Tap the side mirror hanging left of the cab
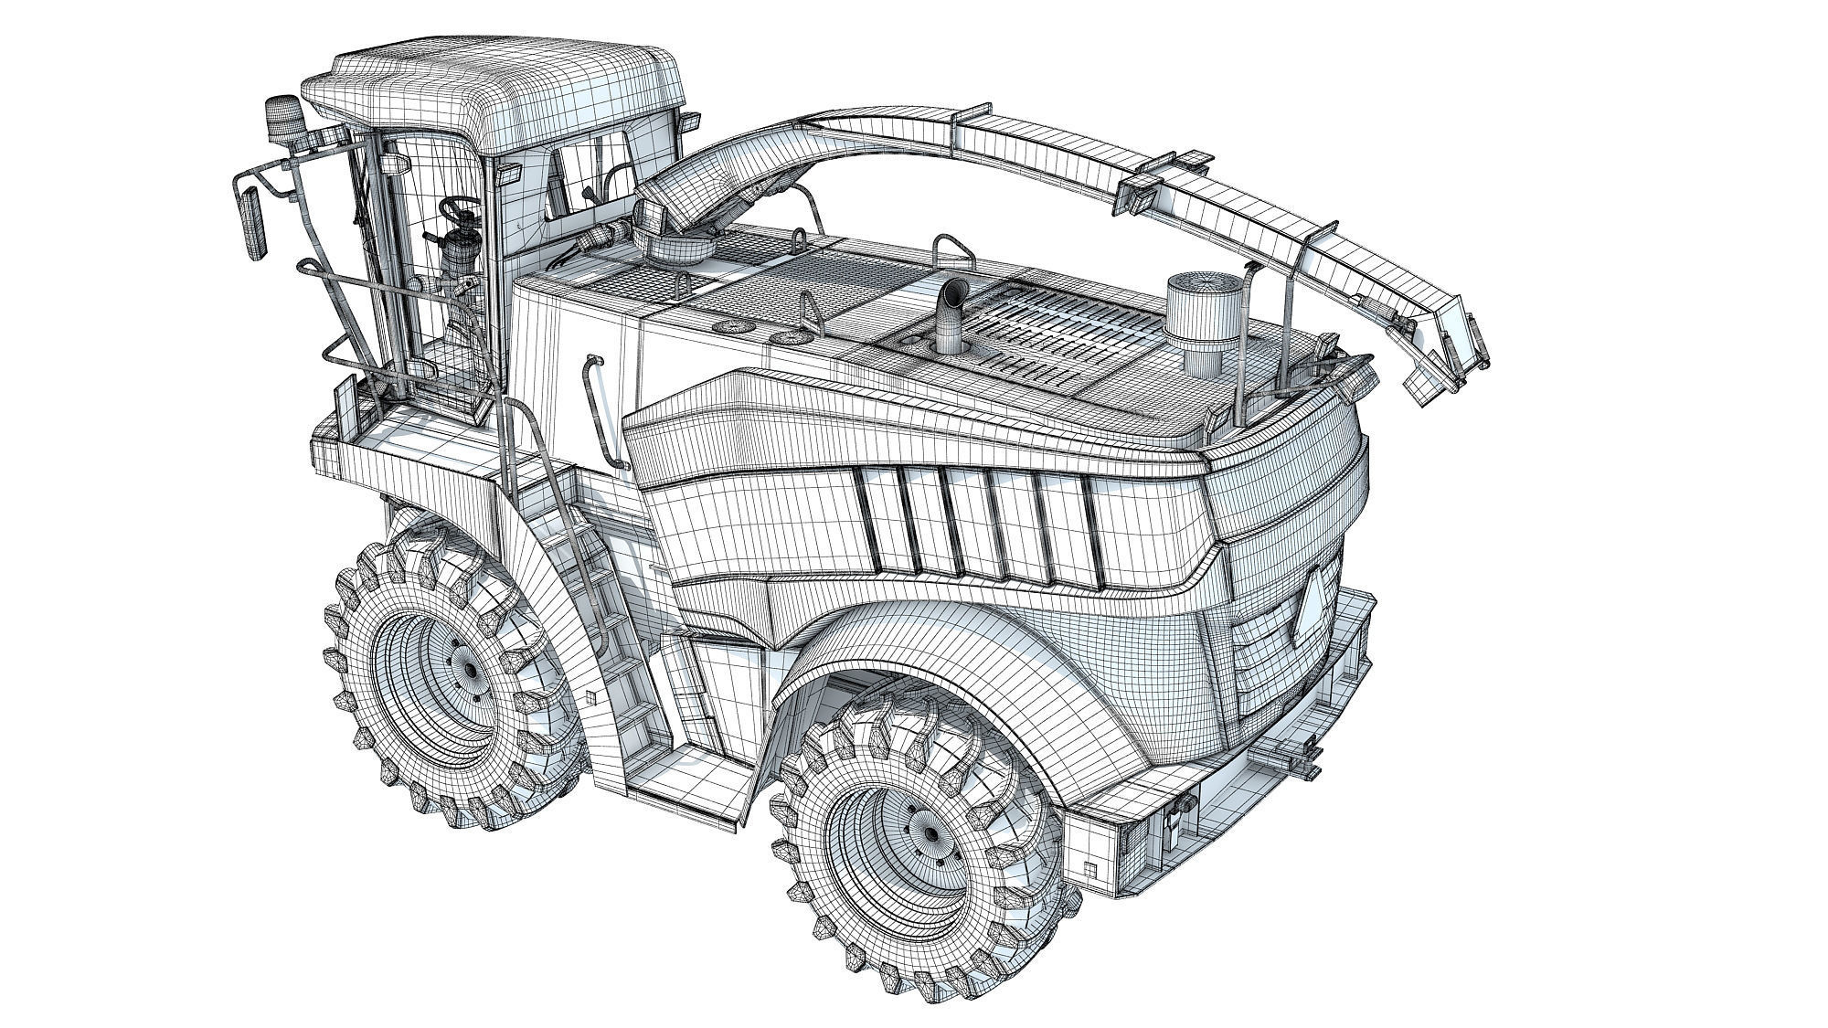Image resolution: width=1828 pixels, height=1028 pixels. tap(251, 224)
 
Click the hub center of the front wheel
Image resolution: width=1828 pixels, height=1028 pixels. tap(472, 670)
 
